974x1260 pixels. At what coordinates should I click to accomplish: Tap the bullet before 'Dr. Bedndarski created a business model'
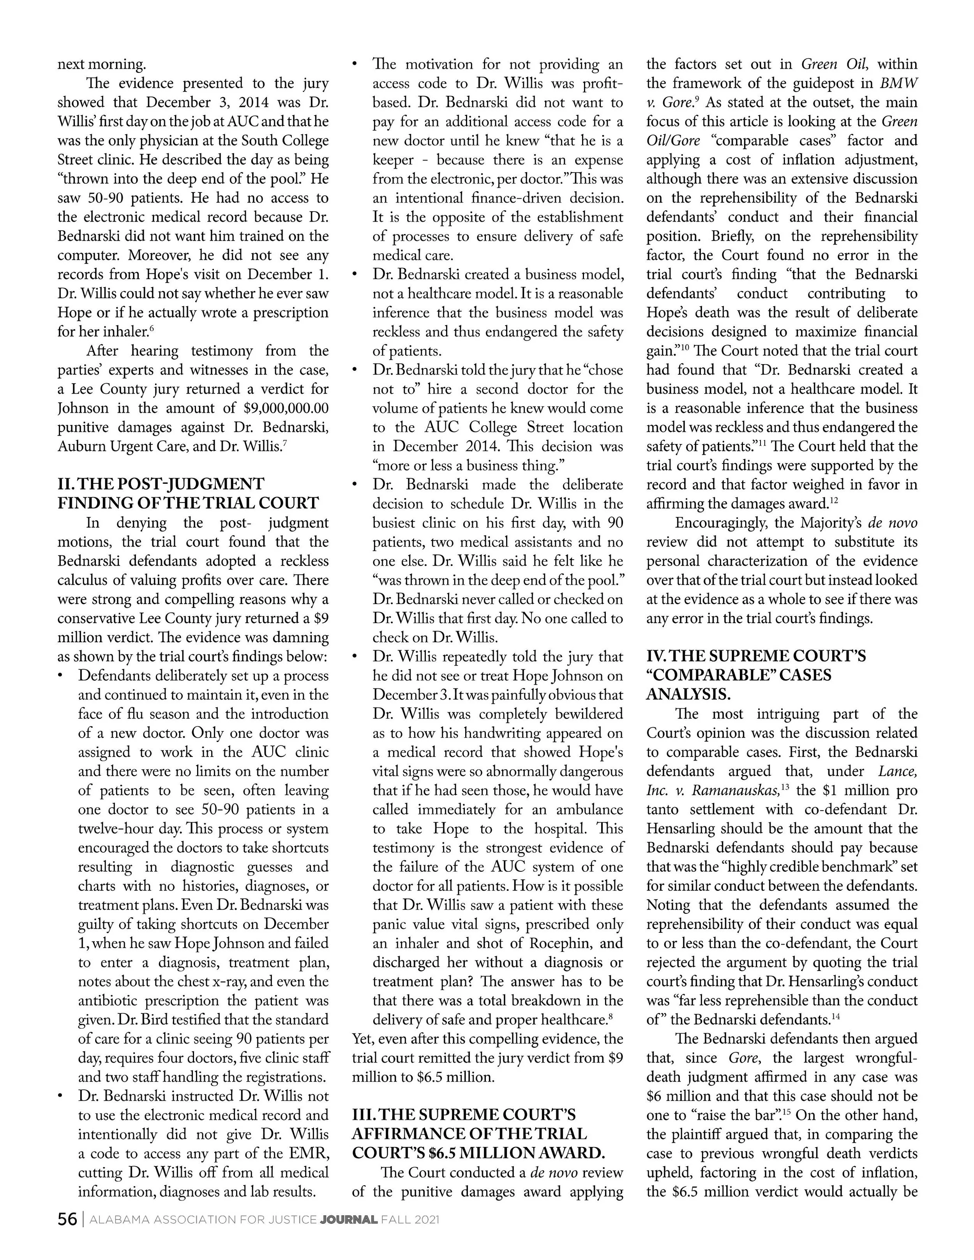(x=355, y=275)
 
